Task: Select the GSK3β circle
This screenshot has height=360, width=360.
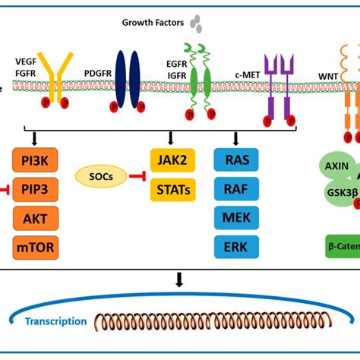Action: [340, 192]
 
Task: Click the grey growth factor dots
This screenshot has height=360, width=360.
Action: [197, 24]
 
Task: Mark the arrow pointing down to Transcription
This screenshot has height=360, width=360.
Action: [180, 282]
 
